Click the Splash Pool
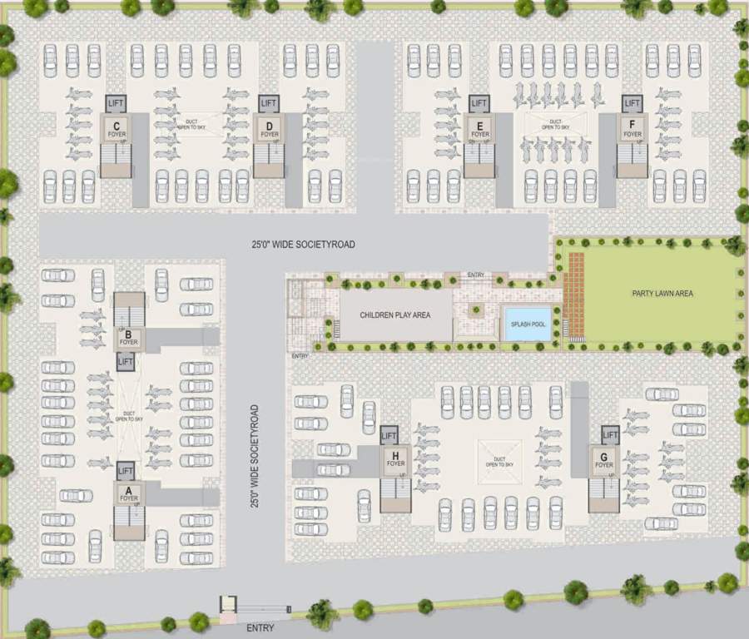click(x=527, y=323)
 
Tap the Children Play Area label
click(x=394, y=315)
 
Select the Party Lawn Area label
click(x=662, y=294)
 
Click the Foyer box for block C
click(x=116, y=130)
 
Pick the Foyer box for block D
click(x=268, y=130)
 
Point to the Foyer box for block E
click(x=479, y=130)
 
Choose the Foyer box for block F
click(x=632, y=129)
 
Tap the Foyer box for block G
click(x=603, y=460)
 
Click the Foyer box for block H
click(x=395, y=458)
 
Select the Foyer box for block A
click(x=128, y=494)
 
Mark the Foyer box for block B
click(x=128, y=338)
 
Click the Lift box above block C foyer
click(x=116, y=103)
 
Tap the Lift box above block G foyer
click(x=610, y=434)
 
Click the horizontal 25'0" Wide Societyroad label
click(x=304, y=245)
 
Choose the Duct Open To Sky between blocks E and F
click(x=554, y=126)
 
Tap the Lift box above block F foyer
click(x=632, y=103)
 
